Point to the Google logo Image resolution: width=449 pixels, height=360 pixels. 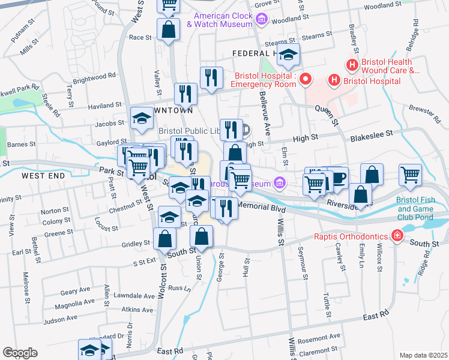coord(20,353)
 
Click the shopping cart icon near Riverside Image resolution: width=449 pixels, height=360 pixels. coord(411,175)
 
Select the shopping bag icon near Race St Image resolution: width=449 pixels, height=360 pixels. coord(169,28)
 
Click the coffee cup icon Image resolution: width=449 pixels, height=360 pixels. coord(337,176)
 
